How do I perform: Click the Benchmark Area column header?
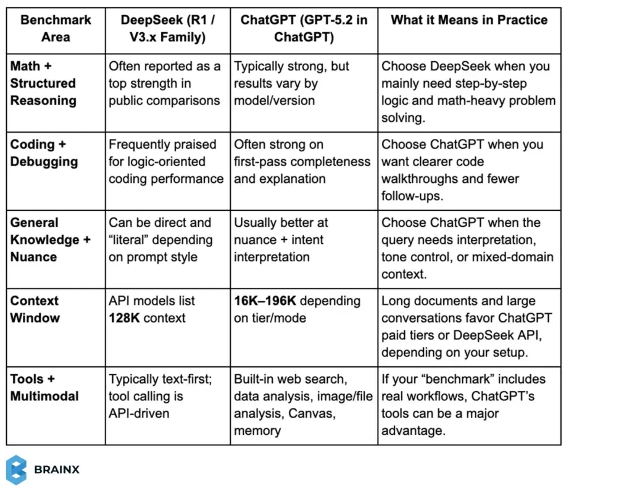[x=56, y=28]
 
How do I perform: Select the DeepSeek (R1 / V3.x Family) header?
[x=168, y=28]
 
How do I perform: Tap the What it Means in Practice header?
[x=469, y=20]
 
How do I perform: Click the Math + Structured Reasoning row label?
[x=43, y=83]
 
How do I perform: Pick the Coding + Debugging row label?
[x=44, y=153]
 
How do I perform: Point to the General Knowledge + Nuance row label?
[x=50, y=240]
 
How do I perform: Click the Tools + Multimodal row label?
[x=44, y=388]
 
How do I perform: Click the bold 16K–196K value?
[x=265, y=301]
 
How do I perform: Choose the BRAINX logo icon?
[x=16, y=469]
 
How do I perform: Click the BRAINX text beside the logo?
[x=57, y=470]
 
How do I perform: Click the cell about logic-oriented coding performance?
[x=166, y=162]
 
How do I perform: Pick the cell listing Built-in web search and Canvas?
[x=303, y=405]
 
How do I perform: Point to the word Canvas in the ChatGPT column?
[x=314, y=414]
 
